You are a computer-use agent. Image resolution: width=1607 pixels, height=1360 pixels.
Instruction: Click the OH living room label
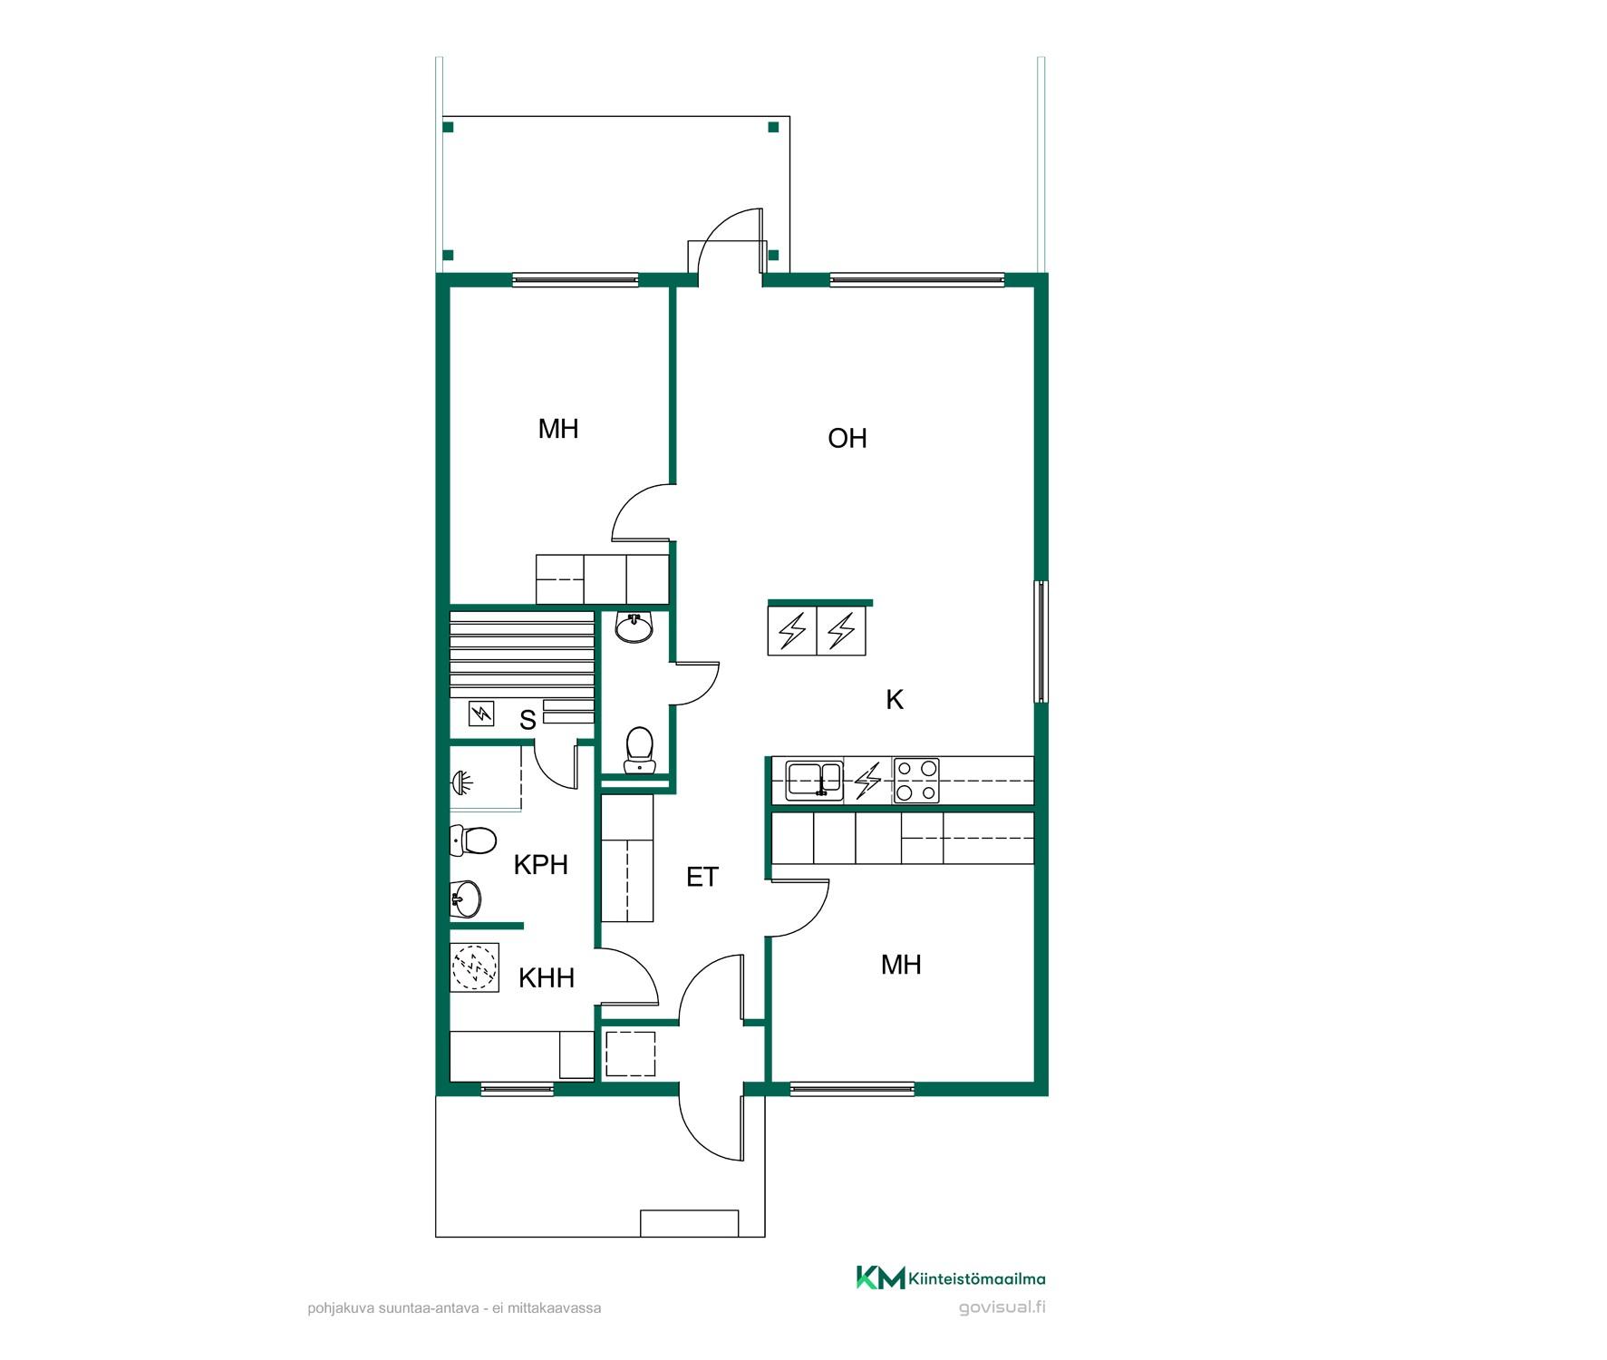pos(847,439)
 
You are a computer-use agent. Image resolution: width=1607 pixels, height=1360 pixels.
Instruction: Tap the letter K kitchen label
pos(895,700)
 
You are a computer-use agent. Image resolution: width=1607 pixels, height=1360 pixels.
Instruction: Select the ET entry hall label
pos(702,878)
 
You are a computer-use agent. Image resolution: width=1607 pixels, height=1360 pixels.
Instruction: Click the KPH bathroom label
pos(541,865)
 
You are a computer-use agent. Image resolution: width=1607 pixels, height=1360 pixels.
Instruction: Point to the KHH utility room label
pos(547,978)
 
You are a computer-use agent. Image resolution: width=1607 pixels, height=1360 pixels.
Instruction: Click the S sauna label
pos(528,721)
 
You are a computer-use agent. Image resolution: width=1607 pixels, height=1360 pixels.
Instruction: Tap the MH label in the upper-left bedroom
pos(558,429)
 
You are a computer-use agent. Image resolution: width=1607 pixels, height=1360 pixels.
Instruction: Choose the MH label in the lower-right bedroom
pos(901,965)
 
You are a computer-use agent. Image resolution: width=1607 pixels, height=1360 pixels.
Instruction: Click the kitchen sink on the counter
pos(814,780)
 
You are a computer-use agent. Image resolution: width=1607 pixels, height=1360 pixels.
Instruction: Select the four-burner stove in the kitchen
pos(916,781)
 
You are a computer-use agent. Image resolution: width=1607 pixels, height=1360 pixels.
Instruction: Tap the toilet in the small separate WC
pos(640,750)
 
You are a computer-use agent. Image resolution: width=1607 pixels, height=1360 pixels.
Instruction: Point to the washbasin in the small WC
pos(634,627)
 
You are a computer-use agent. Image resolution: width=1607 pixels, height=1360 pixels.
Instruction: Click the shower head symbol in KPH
pos(462,781)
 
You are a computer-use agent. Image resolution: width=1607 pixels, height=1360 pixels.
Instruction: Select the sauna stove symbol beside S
pos(481,714)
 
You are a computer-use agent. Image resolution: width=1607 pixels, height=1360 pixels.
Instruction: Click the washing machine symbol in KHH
pos(475,967)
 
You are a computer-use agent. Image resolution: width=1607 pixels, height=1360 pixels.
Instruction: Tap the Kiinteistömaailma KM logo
pos(951,1278)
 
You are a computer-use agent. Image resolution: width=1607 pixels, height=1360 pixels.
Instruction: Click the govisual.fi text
pos(1002,1307)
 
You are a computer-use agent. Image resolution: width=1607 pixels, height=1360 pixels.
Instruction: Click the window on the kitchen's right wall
pos(1041,642)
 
